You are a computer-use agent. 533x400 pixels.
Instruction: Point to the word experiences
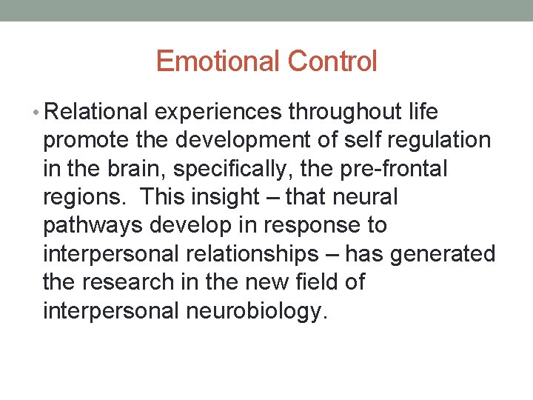click(x=218, y=112)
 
